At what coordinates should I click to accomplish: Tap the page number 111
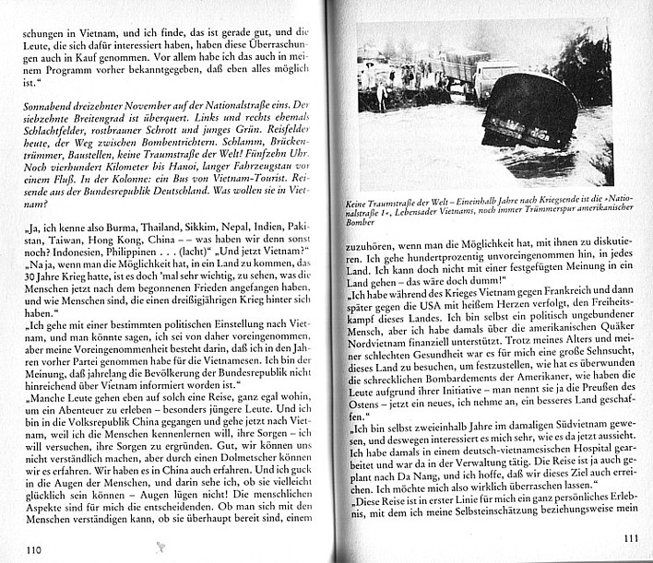click(631, 538)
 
